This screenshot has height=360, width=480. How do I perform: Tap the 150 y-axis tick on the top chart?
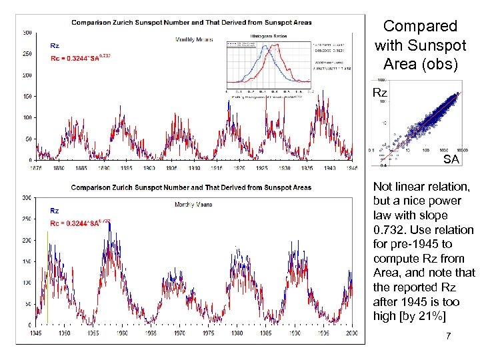[x=28, y=97]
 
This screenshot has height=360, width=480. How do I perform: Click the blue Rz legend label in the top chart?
[x=55, y=46]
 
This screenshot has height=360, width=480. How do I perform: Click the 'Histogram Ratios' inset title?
[x=267, y=35]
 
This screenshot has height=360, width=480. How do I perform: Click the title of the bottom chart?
[x=191, y=188]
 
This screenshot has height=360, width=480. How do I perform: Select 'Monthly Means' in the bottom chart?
[x=193, y=204]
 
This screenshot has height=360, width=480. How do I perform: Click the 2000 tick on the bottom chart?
[x=352, y=333]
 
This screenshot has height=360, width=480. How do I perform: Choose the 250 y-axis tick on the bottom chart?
[x=27, y=219]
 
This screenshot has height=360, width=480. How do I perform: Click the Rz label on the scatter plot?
[x=379, y=93]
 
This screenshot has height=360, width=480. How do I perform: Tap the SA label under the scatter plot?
[x=451, y=160]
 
